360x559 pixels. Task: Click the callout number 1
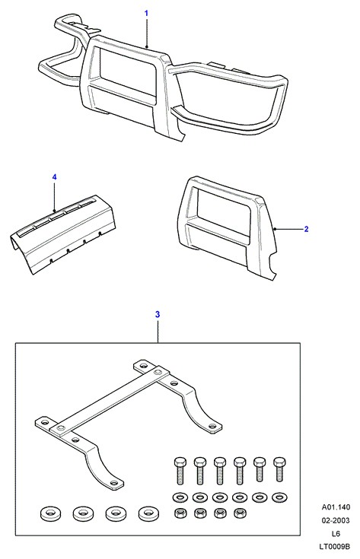click(146, 14)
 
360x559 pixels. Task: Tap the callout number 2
click(306, 229)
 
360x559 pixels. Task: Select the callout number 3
click(158, 314)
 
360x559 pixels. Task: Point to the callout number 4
click(54, 176)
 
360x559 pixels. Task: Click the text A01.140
click(336, 507)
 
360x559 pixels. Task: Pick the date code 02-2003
click(336, 520)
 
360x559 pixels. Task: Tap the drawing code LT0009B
click(335, 547)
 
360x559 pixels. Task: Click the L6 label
click(336, 534)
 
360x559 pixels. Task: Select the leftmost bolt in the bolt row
click(180, 471)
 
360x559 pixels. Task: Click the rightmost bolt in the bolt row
click(279, 470)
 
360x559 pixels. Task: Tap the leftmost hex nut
click(180, 513)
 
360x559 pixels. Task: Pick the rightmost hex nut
click(240, 513)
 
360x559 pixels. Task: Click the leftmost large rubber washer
click(50, 513)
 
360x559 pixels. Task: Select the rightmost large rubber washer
click(148, 513)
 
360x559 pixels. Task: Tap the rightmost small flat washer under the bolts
click(279, 497)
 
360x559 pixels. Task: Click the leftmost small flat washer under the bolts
click(180, 497)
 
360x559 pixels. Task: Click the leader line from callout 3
click(158, 332)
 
